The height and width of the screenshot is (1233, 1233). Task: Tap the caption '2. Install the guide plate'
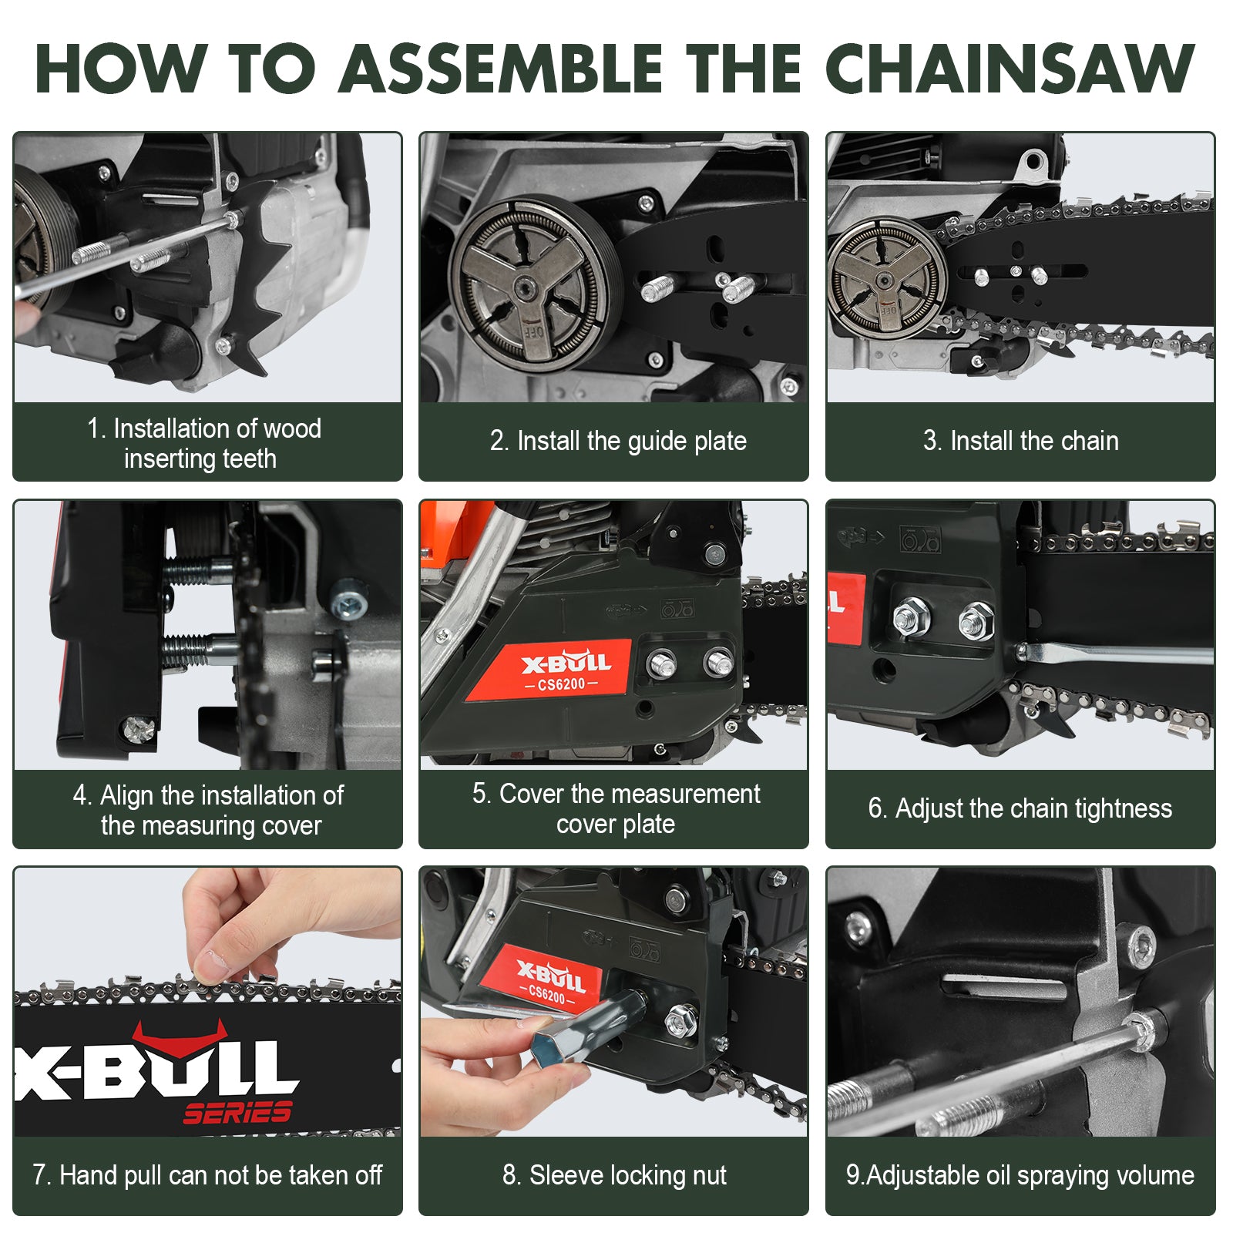618,441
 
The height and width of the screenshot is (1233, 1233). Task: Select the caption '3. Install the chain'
1020,441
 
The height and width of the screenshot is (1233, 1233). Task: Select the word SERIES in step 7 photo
237,1112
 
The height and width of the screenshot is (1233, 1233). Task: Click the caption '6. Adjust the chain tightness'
1020,808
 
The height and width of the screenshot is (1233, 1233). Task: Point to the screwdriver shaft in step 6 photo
1117,655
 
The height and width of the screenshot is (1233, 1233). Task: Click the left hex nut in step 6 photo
911,617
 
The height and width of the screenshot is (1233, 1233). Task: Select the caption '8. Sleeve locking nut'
614,1175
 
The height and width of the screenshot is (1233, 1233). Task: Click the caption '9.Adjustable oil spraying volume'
1020,1175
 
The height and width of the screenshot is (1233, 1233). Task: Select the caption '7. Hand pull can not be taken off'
207,1175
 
